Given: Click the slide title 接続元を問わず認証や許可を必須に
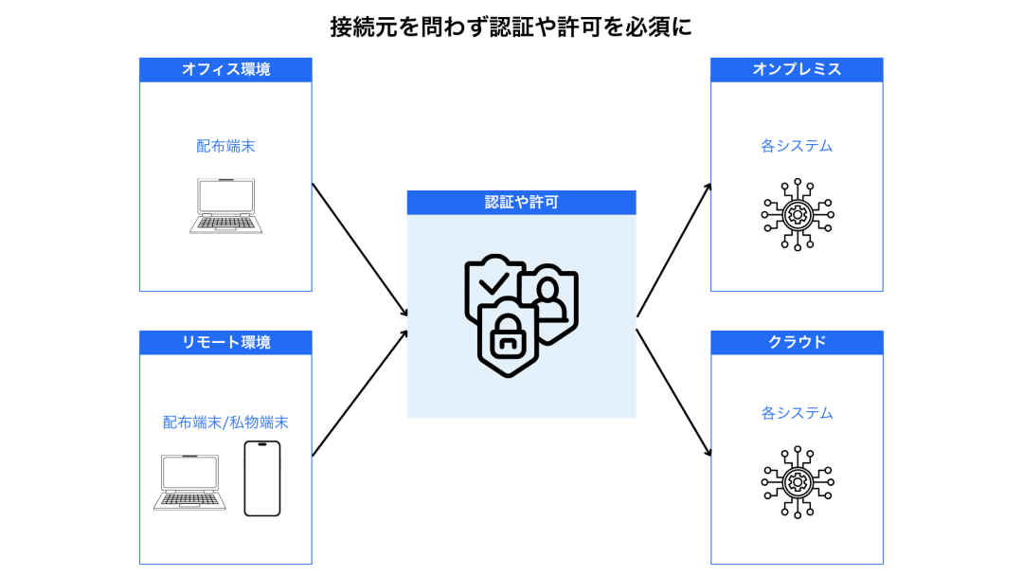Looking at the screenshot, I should click(x=511, y=27).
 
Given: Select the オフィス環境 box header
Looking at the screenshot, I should click(x=225, y=69).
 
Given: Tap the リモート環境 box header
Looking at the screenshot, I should click(x=225, y=342).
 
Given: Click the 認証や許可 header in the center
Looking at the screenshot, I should click(x=521, y=202).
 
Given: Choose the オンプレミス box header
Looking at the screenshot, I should click(x=797, y=69).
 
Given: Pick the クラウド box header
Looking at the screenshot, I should click(x=797, y=342).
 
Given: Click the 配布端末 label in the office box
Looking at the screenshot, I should click(x=225, y=146).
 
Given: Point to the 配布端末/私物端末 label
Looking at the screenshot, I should click(x=225, y=423).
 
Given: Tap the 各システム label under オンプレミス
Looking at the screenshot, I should click(x=797, y=146).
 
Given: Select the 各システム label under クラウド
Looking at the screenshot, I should click(x=797, y=413).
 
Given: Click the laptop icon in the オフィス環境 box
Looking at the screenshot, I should click(x=225, y=205).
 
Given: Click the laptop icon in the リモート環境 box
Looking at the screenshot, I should click(x=189, y=482).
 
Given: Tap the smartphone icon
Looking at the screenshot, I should click(x=262, y=478).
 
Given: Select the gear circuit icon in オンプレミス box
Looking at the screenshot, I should click(x=797, y=215).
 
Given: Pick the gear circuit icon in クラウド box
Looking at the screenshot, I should click(x=797, y=482).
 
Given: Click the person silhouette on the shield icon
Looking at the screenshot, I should click(x=547, y=293).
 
